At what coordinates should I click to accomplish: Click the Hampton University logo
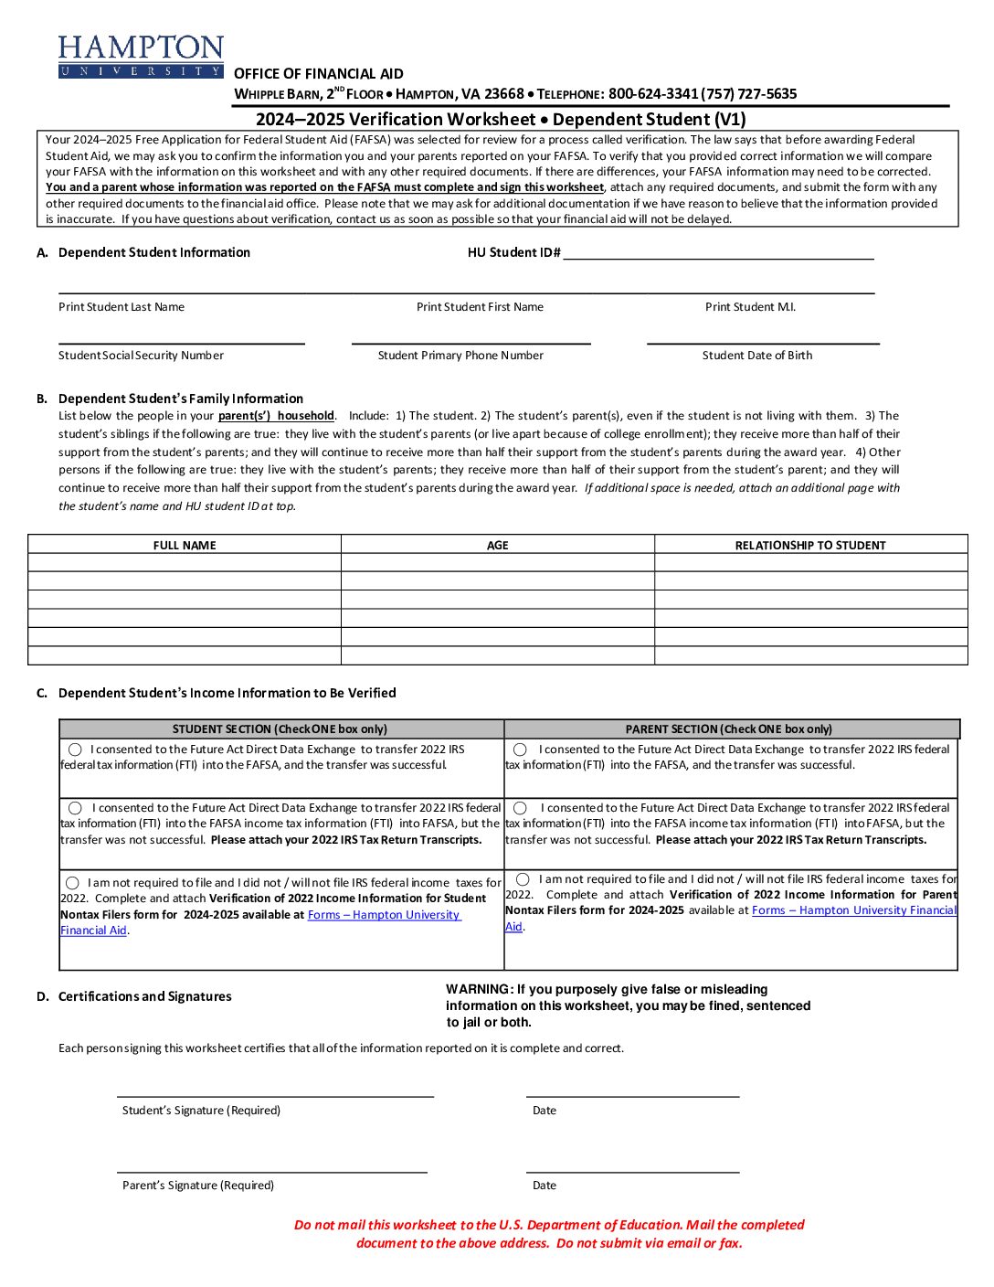[141, 57]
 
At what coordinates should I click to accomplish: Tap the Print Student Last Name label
[122, 307]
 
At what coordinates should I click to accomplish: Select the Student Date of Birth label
[756, 356]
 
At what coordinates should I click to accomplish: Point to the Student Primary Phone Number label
[460, 356]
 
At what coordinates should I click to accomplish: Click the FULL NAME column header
[185, 546]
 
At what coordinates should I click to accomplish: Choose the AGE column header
[497, 546]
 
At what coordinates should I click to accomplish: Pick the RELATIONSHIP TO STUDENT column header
[810, 546]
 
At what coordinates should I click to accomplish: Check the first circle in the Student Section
[75, 750]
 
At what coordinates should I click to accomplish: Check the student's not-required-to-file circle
[72, 883]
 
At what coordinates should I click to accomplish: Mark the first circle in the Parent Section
[520, 750]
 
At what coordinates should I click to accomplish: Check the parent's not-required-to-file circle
[523, 879]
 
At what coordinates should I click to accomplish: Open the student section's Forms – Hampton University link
[384, 915]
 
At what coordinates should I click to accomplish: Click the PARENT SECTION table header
[728, 729]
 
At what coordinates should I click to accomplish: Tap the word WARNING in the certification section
[479, 989]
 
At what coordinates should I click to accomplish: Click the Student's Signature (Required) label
[201, 1111]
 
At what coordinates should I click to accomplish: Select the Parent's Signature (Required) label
[198, 1186]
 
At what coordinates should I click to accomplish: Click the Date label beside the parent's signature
[545, 1186]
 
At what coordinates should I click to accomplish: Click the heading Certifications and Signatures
[144, 996]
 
